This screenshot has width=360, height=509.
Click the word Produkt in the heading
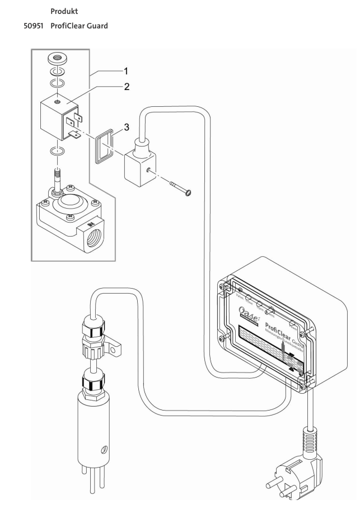(65, 10)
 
